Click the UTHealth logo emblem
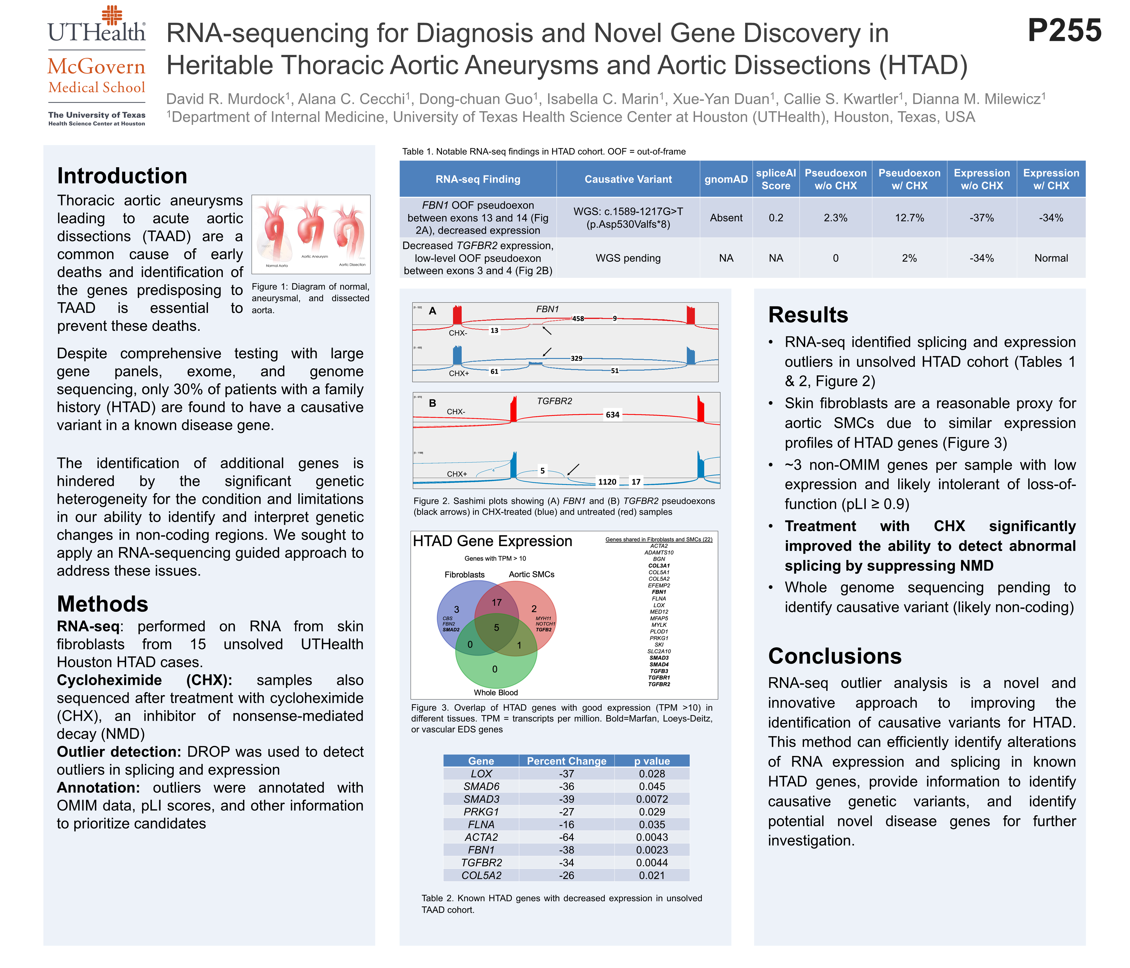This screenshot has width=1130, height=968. coord(112,15)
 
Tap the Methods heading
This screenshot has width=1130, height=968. coord(103,604)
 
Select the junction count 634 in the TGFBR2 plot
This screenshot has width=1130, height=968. coord(612,415)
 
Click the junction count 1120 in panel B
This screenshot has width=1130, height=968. coord(607,482)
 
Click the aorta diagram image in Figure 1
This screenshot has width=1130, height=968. coord(311,234)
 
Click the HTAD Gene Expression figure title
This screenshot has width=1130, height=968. coord(492,541)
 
